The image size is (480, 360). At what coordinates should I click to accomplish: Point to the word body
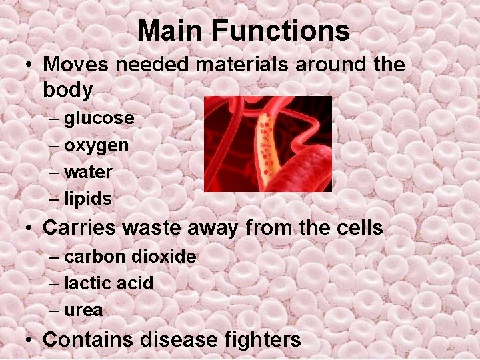coord(67,89)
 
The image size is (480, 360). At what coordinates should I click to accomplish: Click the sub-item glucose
coord(99,119)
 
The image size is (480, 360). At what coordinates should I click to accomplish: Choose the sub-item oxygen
coord(97,145)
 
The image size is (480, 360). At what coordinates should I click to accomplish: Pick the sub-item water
coord(88,172)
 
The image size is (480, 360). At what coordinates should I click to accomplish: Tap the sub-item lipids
coord(88,199)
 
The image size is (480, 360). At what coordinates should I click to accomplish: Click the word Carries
coord(80,228)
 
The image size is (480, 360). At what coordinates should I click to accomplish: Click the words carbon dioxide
coord(130,257)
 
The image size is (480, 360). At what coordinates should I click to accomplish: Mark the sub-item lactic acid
coord(109,283)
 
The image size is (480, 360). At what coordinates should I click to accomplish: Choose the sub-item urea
coord(83,310)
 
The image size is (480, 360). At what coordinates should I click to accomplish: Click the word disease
coord(179,339)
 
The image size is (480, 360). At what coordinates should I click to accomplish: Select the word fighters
coord(263,339)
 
